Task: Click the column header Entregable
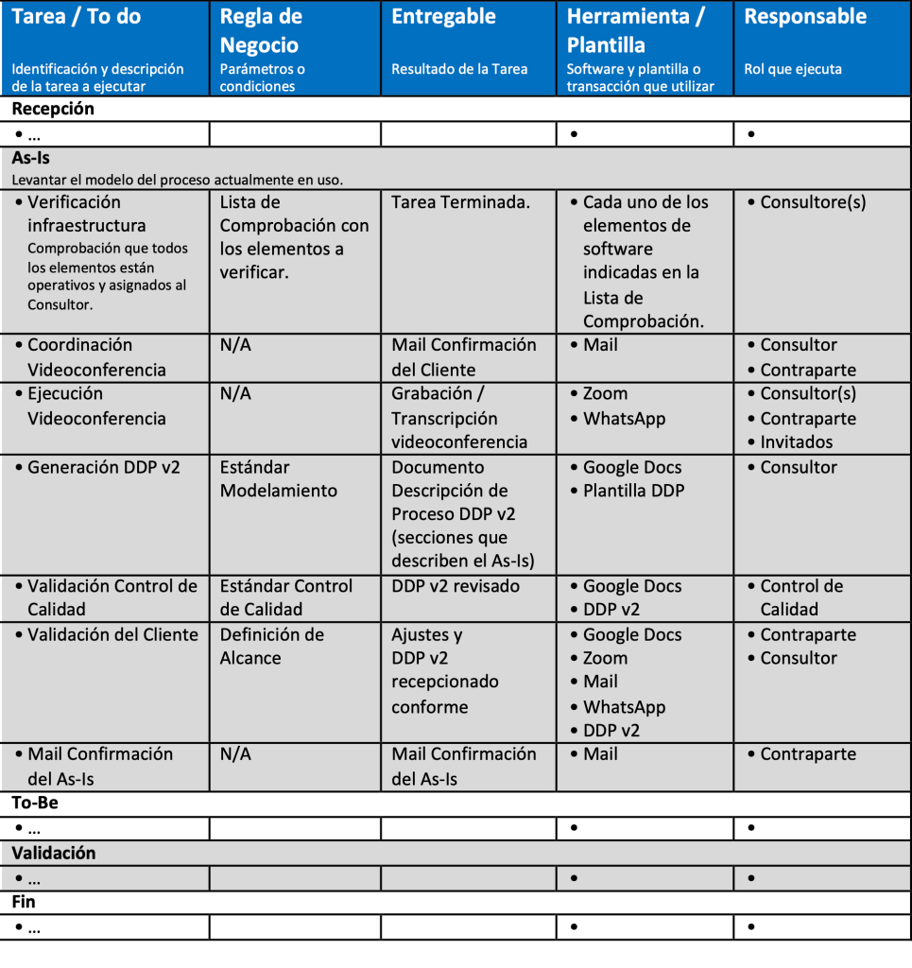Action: tap(443, 17)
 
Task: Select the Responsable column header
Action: tap(804, 17)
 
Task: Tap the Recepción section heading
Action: tap(53, 109)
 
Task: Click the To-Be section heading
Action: tap(35, 804)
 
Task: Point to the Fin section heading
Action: tap(24, 902)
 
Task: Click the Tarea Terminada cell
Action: tap(460, 202)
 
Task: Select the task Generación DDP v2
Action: tap(104, 467)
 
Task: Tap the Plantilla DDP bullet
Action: tap(633, 491)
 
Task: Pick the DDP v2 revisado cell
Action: tap(456, 586)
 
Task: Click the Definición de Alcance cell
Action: tap(272, 646)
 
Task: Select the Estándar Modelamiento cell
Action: tap(279, 478)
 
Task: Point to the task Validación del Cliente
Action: tap(112, 634)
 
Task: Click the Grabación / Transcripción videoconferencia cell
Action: tap(459, 418)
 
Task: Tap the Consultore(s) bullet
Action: tap(813, 202)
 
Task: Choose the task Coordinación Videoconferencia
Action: tap(95, 357)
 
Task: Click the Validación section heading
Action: tap(54, 853)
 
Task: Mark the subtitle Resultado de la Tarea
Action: tap(459, 69)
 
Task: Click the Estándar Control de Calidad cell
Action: tap(285, 597)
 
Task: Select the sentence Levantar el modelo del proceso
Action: tap(177, 180)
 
